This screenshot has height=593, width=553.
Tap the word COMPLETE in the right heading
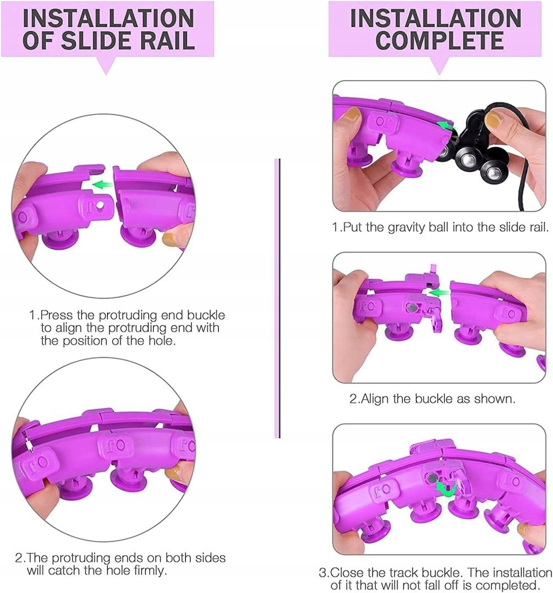[439, 40]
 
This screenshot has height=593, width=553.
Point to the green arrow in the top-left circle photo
[103, 185]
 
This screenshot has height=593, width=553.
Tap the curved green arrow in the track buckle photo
[447, 488]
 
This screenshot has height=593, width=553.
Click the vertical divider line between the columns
[279, 298]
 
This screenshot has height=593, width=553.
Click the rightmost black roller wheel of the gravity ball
[493, 172]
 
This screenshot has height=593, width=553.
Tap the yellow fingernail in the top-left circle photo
[167, 239]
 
